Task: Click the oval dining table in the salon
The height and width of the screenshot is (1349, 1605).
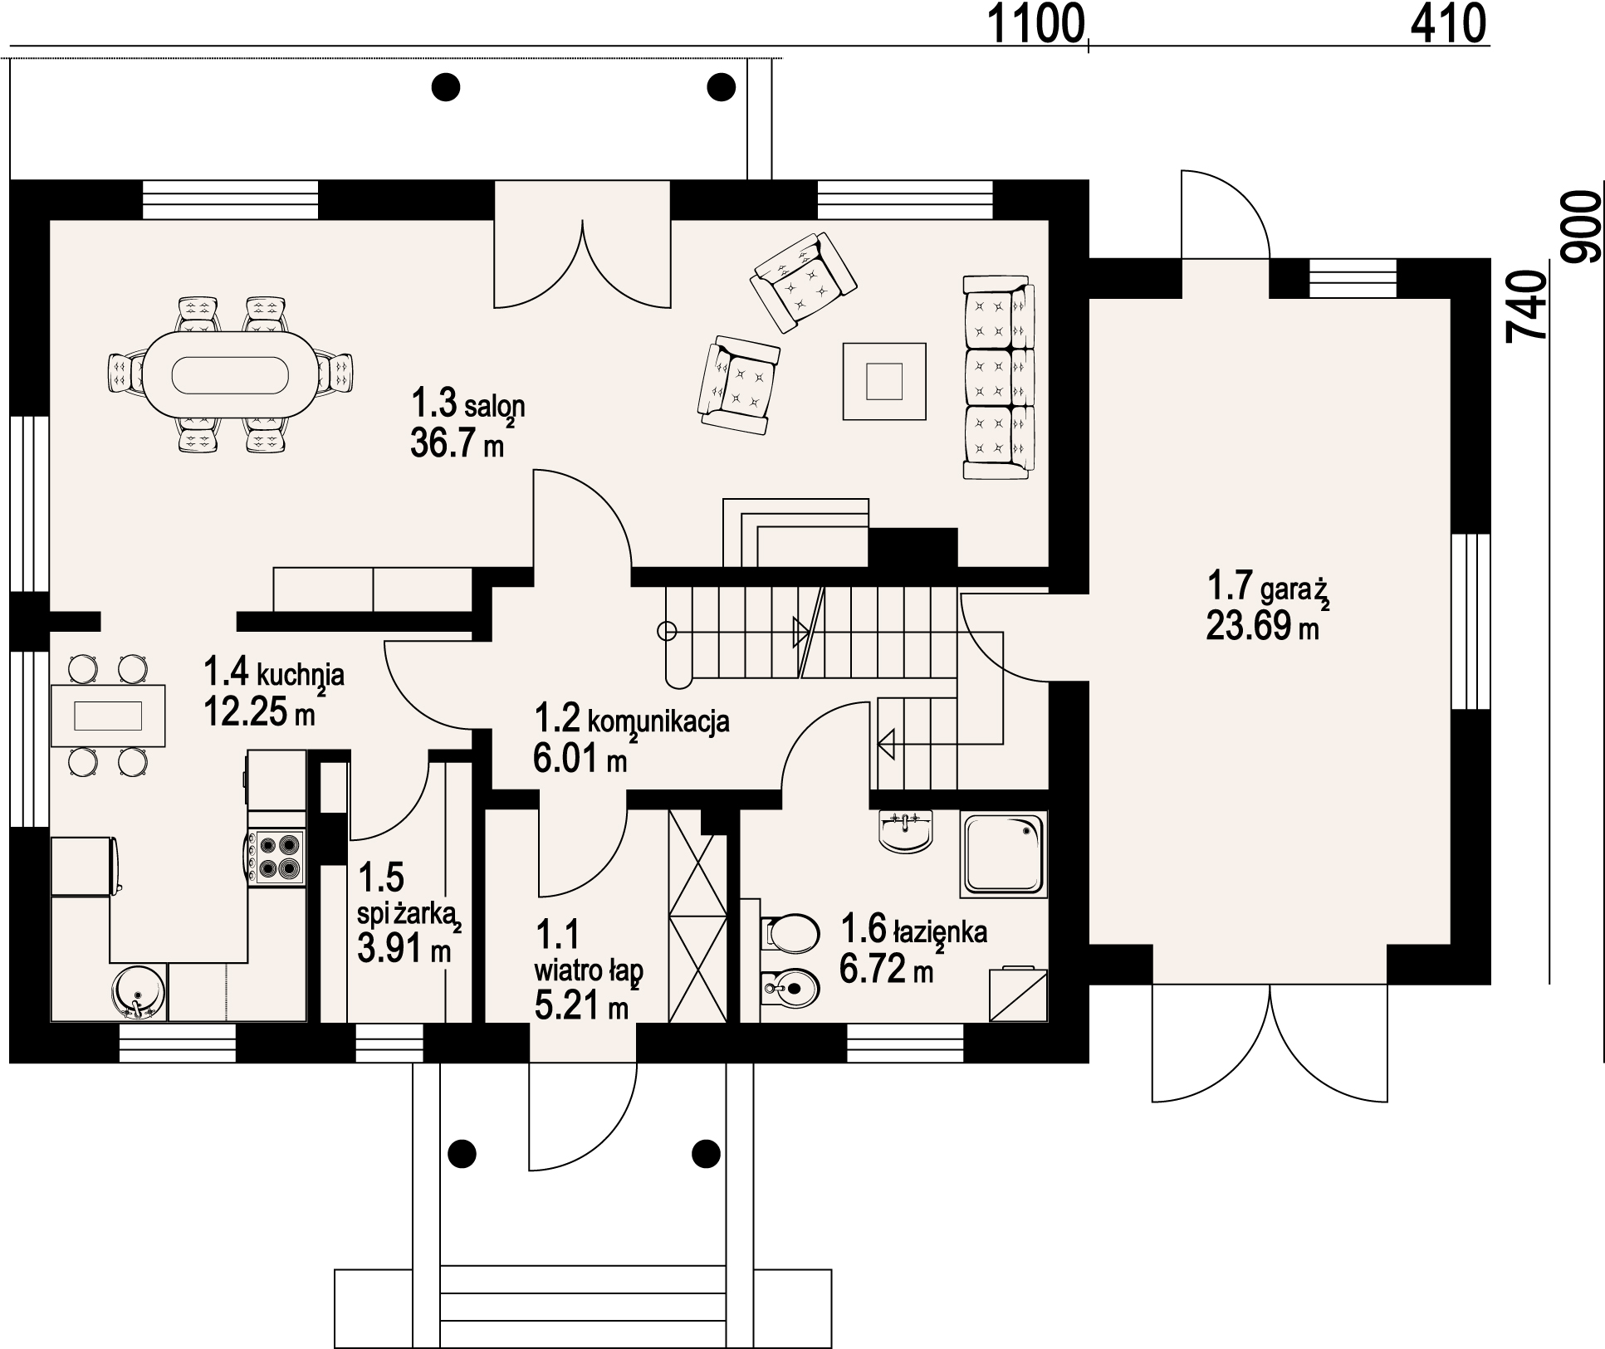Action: (x=230, y=375)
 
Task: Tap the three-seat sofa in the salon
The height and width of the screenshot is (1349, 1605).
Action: (x=999, y=378)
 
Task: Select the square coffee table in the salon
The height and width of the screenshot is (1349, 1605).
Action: (x=884, y=382)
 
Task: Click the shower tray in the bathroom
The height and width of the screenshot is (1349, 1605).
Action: (x=1003, y=853)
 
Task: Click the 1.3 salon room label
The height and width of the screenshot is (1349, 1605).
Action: (x=468, y=405)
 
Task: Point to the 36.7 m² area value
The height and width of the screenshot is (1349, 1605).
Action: (x=459, y=442)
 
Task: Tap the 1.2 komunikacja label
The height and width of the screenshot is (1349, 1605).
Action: (x=632, y=720)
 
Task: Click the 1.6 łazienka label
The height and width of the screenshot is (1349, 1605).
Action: (x=913, y=931)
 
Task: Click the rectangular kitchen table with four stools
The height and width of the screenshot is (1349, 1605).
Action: (x=108, y=716)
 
